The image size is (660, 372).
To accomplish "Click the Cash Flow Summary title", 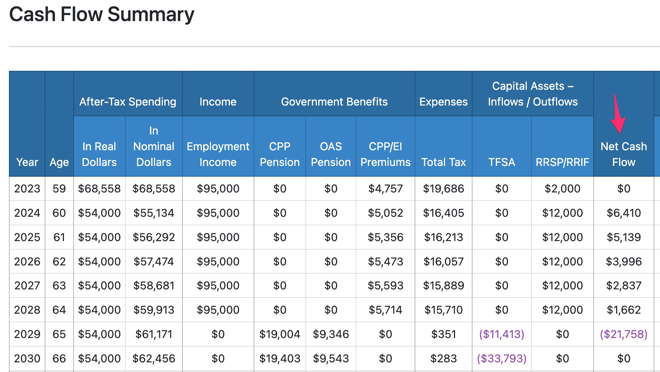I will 101,15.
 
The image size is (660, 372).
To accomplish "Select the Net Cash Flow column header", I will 624,154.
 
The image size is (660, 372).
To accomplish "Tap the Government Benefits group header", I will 334,102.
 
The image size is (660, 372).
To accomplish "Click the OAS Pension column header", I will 331,154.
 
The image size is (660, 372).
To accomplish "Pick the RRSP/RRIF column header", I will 562,162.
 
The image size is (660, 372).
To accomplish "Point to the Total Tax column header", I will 443,162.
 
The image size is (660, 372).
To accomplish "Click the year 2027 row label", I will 27,285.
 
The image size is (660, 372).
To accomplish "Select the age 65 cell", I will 59,334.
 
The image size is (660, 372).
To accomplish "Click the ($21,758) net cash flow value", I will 624,334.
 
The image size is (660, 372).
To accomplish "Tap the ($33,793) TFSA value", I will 501,358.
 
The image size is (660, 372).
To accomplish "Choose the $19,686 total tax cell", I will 443,189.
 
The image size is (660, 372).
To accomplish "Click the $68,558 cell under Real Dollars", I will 99,189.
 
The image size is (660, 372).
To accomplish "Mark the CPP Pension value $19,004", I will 280,334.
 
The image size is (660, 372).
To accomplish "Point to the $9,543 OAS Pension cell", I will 331,358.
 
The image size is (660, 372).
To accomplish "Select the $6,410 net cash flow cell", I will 624,213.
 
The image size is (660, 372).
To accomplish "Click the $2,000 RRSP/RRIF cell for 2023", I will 562,189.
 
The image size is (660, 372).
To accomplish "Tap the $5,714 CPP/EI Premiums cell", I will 385,310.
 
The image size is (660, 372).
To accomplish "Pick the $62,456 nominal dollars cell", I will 154,358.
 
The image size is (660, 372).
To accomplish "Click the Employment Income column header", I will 218,154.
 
